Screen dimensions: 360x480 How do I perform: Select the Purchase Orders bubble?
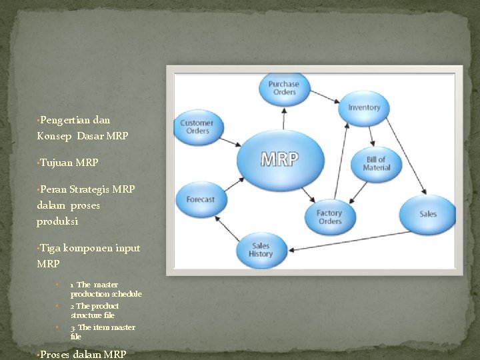pos(284,88)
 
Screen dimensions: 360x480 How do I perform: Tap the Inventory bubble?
pos(364,107)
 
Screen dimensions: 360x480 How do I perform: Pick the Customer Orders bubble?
pos(197,127)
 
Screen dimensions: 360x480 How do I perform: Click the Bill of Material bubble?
pos(376,163)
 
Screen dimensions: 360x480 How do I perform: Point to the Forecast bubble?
pos(200,199)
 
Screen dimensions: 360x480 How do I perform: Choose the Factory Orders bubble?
pos(329,217)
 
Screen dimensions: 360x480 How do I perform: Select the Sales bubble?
pos(427,214)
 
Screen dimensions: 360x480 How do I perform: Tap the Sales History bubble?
pos(261,249)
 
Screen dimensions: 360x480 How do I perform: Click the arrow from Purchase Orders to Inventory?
pos(324,97)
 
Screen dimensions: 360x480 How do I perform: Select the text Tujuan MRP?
pos(69,162)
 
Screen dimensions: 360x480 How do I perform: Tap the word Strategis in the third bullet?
pos(90,189)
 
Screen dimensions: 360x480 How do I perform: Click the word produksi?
pos(57,221)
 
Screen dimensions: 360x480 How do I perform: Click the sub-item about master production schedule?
pos(105,289)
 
